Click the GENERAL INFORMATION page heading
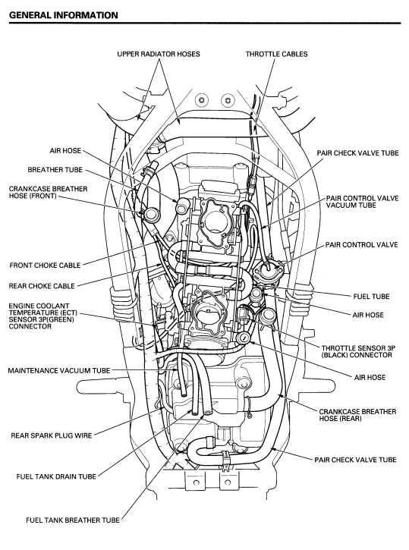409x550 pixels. tap(64, 15)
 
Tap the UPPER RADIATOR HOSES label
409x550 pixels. tap(159, 54)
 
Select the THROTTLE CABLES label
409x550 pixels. tap(276, 54)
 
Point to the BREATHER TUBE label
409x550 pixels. tap(55, 170)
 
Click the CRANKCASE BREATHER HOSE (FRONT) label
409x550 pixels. tap(48, 192)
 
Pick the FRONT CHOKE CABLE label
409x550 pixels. tap(46, 266)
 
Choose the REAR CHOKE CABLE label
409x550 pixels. tap(42, 286)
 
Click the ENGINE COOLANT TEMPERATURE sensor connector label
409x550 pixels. tap(42, 316)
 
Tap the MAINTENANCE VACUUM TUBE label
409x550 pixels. tap(59, 370)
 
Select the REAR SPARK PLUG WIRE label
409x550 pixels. tap(52, 435)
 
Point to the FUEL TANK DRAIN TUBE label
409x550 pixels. tap(56, 476)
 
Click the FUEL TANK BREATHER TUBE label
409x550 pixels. tap(73, 520)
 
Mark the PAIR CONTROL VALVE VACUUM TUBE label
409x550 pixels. tap(363, 202)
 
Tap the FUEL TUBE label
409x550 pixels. tap(372, 297)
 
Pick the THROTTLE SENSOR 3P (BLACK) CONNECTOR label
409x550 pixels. tap(358, 351)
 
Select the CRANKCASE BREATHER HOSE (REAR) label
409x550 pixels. tap(357, 415)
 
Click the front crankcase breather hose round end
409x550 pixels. tap(153, 214)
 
